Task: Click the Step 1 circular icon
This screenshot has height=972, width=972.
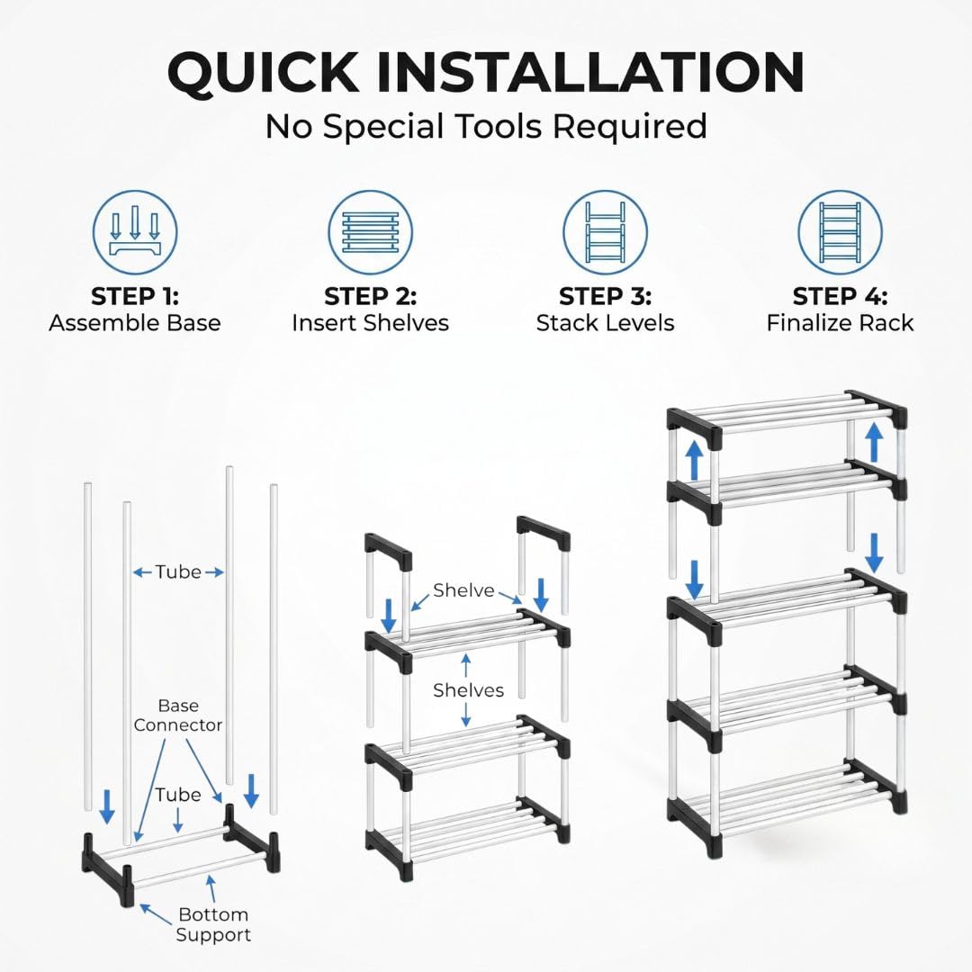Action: pos(135,232)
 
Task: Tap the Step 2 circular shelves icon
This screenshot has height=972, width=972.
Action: pos(370,232)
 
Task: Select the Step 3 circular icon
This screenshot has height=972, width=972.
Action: pos(605,232)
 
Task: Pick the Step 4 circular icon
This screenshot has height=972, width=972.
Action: pos(840,232)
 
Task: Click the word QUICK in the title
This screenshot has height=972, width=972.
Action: pos(264,73)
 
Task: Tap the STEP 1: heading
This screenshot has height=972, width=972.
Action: pos(135,296)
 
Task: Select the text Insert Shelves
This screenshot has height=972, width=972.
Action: pos(370,323)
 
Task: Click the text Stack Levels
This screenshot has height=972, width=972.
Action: pos(605,323)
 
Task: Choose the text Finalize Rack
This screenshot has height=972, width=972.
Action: pos(840,323)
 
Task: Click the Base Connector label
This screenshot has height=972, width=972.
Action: pos(178,715)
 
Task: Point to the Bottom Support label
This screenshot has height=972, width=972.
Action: pos(213,924)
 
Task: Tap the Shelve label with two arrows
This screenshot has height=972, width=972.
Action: pos(463,590)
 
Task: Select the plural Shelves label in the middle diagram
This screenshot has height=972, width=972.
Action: pos(468,690)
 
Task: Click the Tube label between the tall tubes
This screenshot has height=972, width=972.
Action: pos(178,571)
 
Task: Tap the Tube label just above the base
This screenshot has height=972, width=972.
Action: pos(178,795)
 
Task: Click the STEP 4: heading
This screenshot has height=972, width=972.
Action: pos(840,296)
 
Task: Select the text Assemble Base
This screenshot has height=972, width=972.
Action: pos(135,323)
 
